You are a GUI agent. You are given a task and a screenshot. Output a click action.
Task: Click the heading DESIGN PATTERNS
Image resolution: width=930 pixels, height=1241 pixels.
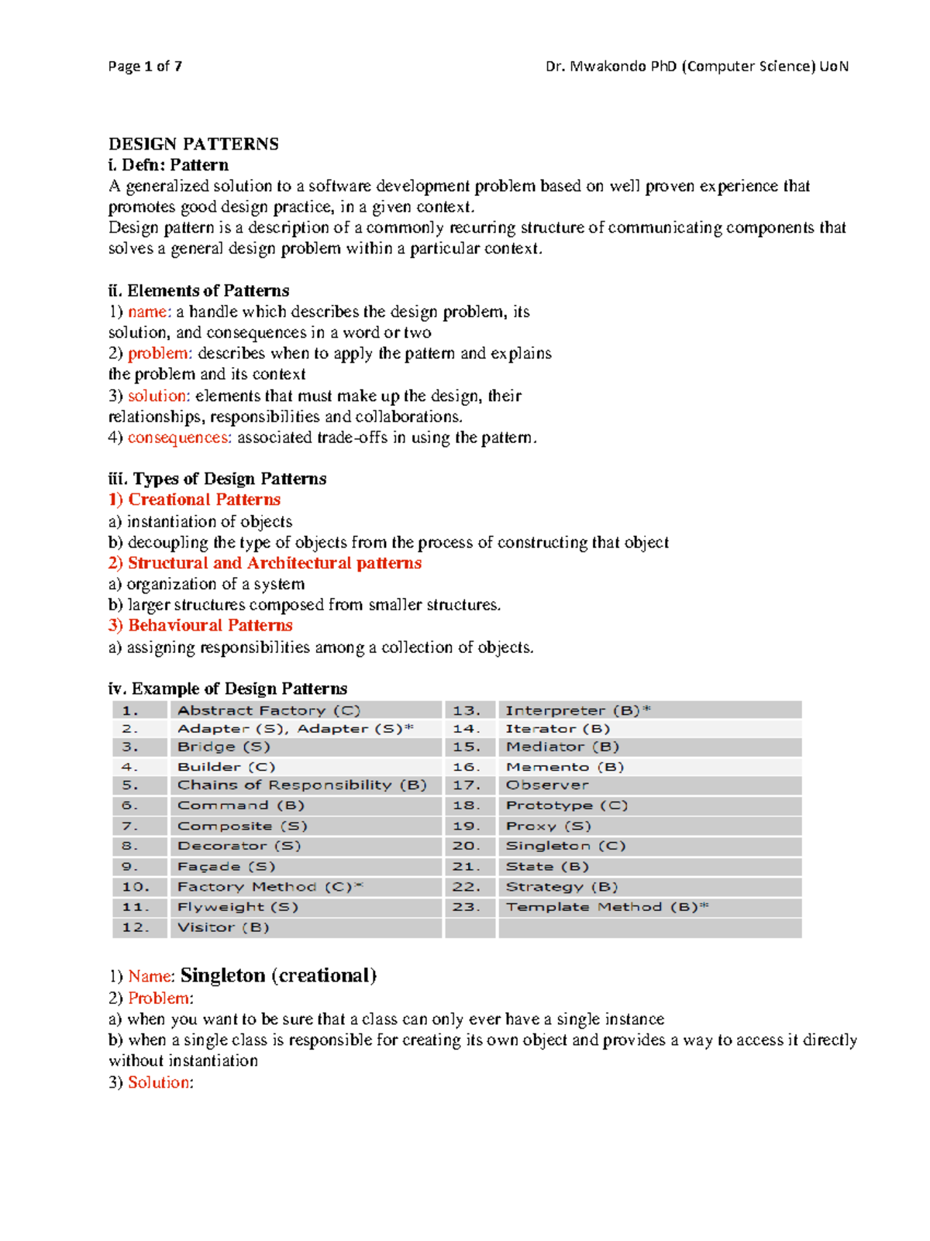coord(193,144)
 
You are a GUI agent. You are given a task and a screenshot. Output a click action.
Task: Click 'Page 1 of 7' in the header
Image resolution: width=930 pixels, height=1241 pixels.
coord(145,67)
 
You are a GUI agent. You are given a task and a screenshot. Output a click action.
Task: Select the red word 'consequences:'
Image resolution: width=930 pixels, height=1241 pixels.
coord(179,438)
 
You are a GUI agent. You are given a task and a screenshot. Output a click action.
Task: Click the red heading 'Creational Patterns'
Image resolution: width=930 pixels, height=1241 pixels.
coord(204,500)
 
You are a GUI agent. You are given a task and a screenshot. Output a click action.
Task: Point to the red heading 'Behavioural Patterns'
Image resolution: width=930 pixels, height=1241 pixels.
coord(210,625)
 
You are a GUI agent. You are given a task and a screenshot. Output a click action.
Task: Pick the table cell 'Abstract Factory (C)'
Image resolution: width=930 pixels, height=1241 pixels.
coord(269,710)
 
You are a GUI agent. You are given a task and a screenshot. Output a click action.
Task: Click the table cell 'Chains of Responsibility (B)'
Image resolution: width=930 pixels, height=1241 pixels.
coord(302,786)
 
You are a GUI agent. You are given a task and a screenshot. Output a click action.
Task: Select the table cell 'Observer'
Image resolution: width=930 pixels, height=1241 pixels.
coord(547,786)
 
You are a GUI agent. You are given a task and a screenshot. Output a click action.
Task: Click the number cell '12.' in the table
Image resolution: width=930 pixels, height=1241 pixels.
coord(136,927)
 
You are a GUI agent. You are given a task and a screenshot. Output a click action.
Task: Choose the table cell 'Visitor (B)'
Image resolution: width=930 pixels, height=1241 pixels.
coord(223,927)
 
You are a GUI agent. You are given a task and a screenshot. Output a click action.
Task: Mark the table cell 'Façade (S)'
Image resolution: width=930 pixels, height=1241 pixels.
coord(226,867)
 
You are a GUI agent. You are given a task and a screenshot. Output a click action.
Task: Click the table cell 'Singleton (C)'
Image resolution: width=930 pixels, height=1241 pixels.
coord(566,846)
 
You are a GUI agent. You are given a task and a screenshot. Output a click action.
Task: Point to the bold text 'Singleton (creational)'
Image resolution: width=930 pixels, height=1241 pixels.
coord(278,975)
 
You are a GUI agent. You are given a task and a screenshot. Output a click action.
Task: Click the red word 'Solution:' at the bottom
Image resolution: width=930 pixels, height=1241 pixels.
coord(160,1082)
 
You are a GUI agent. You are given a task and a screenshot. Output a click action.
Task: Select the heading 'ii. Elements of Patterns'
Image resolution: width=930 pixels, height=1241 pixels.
coord(198,290)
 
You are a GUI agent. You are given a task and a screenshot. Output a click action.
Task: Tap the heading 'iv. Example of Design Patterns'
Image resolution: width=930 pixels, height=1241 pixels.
coord(227,689)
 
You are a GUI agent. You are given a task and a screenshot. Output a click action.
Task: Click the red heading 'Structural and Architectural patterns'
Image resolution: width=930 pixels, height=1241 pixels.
coord(274,563)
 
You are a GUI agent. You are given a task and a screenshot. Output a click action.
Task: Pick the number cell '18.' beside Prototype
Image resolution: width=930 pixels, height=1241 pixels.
coord(467,806)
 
